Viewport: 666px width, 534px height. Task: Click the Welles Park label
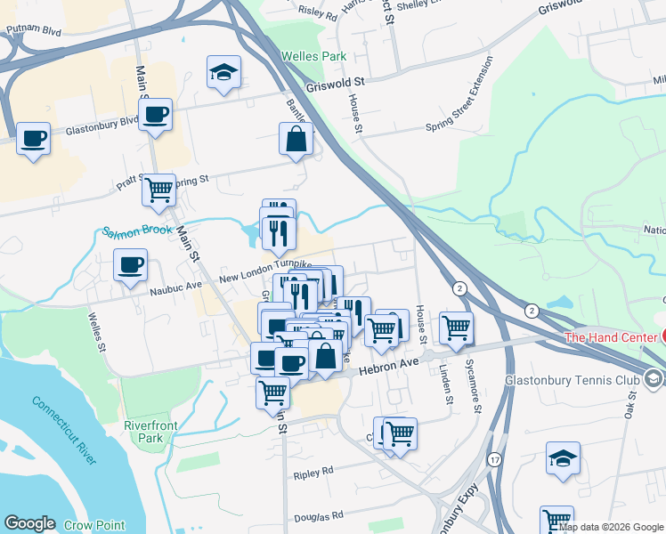point(313,56)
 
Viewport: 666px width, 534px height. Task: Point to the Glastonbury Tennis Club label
point(580,379)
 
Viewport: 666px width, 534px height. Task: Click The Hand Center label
point(610,337)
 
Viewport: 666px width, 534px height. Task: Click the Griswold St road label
point(336,85)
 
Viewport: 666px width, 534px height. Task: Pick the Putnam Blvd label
point(31,28)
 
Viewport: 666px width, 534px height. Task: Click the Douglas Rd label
point(319,516)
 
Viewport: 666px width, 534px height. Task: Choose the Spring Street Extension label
point(459,94)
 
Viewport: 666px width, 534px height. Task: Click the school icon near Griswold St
point(223,74)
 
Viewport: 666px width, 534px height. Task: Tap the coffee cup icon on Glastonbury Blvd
point(156,116)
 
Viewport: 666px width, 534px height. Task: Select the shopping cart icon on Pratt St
point(158,190)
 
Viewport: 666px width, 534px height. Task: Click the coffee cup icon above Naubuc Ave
point(131,265)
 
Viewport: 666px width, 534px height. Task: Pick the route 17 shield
point(493,459)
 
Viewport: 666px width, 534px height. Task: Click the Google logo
point(29,523)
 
